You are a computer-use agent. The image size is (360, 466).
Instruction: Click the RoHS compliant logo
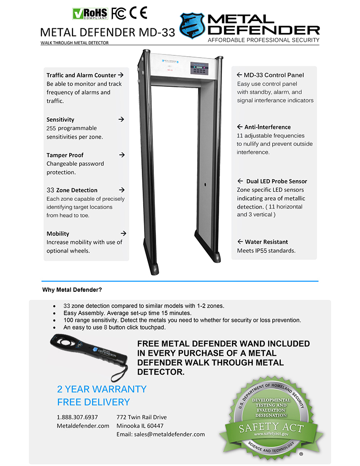click(x=90, y=13)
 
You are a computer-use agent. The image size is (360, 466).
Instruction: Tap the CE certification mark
click(x=139, y=12)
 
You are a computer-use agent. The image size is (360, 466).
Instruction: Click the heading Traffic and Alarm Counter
click(x=81, y=75)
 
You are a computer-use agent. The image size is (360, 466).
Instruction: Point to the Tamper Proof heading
click(x=65, y=155)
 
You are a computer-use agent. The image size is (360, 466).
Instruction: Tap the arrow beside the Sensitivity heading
click(x=121, y=119)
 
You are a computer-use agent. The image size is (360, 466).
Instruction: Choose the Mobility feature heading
click(x=58, y=234)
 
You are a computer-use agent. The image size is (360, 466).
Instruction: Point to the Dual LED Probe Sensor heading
click(x=276, y=181)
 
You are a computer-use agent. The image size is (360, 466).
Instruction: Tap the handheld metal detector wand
click(x=88, y=355)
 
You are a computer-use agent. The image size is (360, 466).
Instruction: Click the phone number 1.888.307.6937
click(x=77, y=417)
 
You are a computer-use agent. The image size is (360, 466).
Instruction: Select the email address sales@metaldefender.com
click(x=160, y=434)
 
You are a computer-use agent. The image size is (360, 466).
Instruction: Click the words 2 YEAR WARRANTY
click(x=102, y=389)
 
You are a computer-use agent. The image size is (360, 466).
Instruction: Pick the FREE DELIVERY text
click(x=93, y=402)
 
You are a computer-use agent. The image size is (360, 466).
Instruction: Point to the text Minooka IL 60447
click(x=139, y=426)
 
